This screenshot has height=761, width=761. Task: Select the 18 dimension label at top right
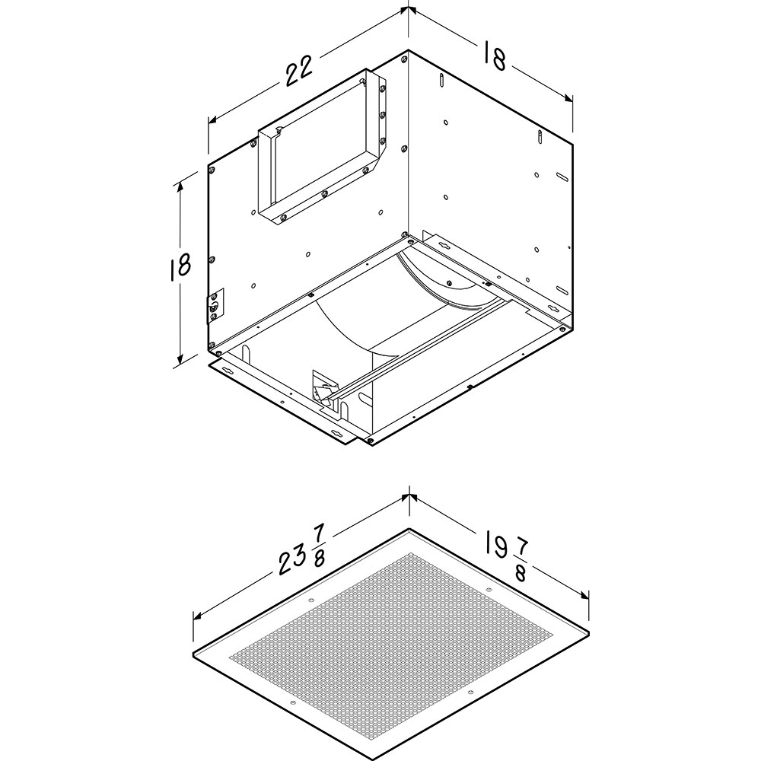[495, 56]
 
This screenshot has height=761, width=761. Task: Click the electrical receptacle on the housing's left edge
[215, 306]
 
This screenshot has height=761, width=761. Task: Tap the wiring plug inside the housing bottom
[323, 388]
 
